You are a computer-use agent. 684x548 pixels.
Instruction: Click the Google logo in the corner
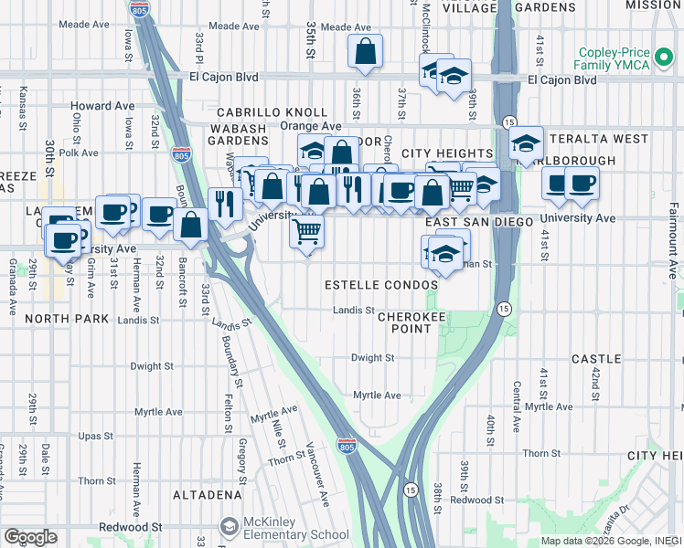pyautogui.click(x=29, y=537)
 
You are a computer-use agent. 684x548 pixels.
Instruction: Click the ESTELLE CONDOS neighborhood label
pyautogui.click(x=381, y=285)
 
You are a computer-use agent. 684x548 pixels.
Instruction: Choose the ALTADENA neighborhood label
pyautogui.click(x=207, y=495)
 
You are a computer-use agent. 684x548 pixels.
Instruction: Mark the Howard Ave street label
pyautogui.click(x=102, y=106)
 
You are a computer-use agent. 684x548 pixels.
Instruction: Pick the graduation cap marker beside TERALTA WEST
pyautogui.click(x=526, y=142)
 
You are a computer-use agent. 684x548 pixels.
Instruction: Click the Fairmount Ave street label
pyautogui.click(x=675, y=247)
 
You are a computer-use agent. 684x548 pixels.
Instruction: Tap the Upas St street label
pyautogui.click(x=94, y=437)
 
